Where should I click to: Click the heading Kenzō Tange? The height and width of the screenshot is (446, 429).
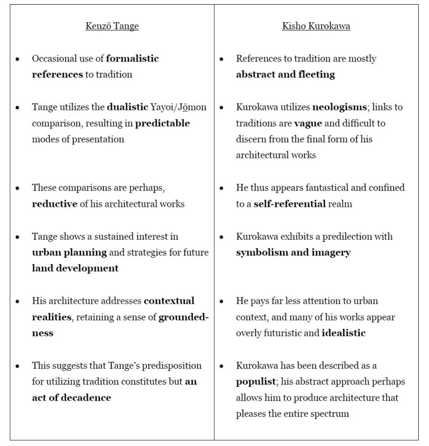click(x=112, y=26)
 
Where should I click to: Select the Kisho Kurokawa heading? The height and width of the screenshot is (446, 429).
click(x=316, y=26)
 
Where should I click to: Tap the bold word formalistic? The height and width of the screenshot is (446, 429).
click(x=132, y=58)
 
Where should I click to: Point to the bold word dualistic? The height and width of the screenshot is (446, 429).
click(x=127, y=107)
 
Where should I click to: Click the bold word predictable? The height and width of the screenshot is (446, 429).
click(x=162, y=123)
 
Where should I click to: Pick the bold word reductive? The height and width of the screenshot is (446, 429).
click(x=54, y=204)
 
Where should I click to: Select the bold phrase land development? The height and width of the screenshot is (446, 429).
click(x=75, y=268)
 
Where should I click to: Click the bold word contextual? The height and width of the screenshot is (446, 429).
click(x=169, y=301)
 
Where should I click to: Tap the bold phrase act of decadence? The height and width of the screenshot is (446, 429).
click(x=71, y=398)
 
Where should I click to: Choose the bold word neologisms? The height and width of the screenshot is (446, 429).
click(x=339, y=107)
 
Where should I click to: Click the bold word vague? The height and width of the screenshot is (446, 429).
click(x=308, y=123)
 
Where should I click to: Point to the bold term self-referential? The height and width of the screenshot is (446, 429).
click(x=290, y=204)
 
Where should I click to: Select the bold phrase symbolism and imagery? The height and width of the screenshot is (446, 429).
click(x=293, y=252)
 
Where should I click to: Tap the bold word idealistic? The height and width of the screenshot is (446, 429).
click(x=344, y=333)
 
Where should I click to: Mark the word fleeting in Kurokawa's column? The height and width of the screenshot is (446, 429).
click(x=316, y=74)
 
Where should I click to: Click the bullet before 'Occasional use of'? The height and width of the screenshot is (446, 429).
click(x=18, y=59)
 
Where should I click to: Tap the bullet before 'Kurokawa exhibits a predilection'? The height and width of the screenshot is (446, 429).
click(x=222, y=237)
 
